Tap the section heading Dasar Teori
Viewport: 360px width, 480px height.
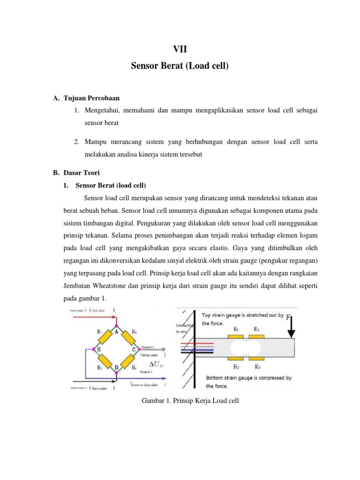point(81,173)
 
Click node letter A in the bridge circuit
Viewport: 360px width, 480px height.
point(117,331)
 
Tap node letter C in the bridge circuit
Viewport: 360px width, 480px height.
point(134,349)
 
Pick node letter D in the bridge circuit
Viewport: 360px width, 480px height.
point(117,368)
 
